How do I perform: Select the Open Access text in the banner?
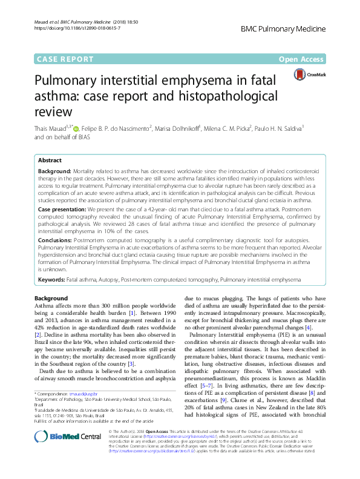(x=302, y=59)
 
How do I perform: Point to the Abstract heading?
(x=50, y=160)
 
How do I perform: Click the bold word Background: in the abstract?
(x=54, y=172)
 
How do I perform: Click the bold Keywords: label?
(x=51, y=280)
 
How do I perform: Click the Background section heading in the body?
(x=51, y=299)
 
